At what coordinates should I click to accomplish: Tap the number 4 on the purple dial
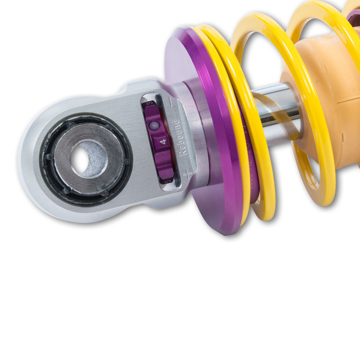point(163,141)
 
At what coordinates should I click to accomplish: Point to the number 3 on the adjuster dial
point(160,104)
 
